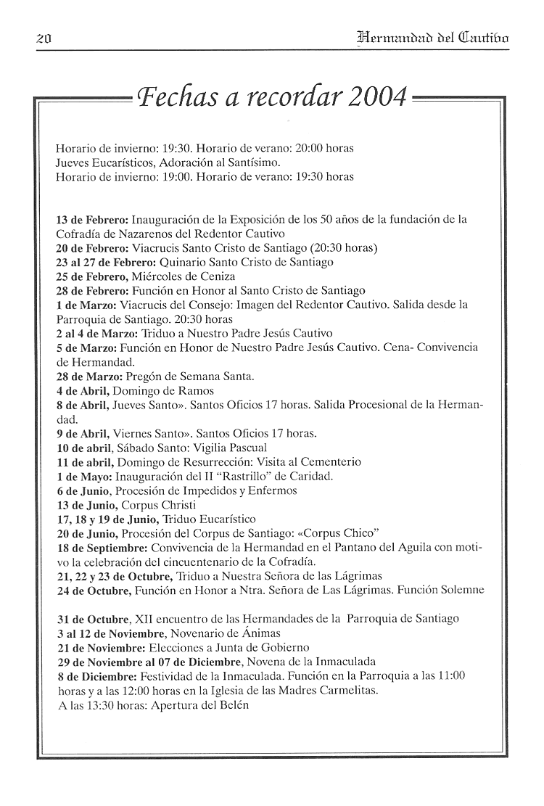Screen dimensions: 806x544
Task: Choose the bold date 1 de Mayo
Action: (83, 477)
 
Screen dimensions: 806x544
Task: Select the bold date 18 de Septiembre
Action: (102, 547)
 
